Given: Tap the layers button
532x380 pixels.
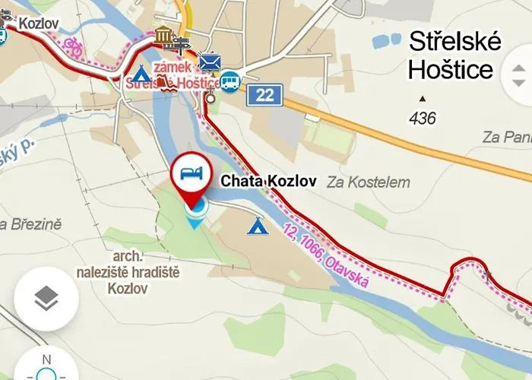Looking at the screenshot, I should click(46, 299).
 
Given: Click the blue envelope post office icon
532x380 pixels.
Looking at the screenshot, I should click(210, 61).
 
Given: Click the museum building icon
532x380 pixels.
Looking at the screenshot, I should click(163, 34).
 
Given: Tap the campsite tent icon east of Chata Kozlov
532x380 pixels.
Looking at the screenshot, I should click(257, 226).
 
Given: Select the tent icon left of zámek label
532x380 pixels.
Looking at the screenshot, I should click(141, 74).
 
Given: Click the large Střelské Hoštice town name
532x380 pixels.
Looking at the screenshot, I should click(454, 55).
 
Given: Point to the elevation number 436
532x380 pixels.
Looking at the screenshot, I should click(422, 118).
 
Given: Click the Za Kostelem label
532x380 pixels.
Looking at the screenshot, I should click(369, 182).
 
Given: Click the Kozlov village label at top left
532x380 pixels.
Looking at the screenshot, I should click(39, 23).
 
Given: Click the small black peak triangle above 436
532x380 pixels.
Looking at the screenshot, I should click(423, 99).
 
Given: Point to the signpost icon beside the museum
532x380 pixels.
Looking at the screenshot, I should click(182, 43).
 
